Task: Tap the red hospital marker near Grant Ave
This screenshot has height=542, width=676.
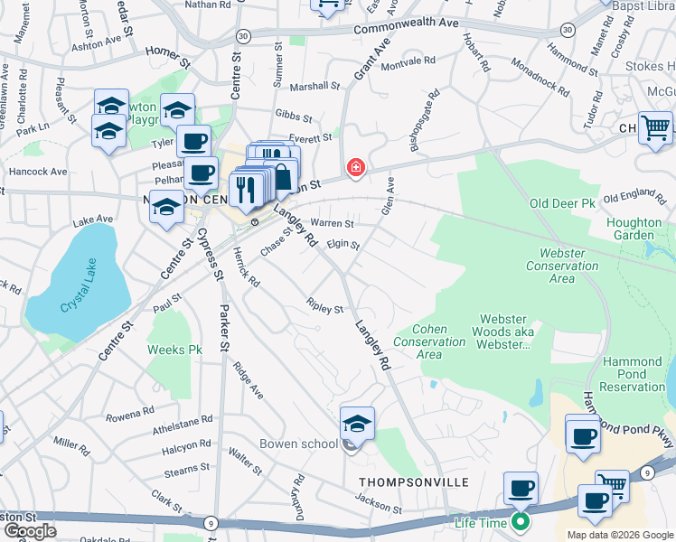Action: pyautogui.click(x=357, y=168)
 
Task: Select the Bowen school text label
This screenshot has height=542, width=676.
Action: pyautogui.click(x=298, y=444)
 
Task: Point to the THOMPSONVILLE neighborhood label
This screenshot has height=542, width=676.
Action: pyautogui.click(x=414, y=482)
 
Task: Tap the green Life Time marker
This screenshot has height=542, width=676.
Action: pyautogui.click(x=520, y=521)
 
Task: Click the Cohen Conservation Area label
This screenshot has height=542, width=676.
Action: pyautogui.click(x=429, y=341)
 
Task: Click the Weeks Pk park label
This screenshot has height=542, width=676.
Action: pyautogui.click(x=175, y=350)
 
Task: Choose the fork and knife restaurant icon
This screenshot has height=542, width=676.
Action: pyautogui.click(x=244, y=187)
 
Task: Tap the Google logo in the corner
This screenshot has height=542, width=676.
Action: pyautogui.click(x=30, y=531)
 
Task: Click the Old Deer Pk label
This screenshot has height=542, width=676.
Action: pyautogui.click(x=562, y=203)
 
